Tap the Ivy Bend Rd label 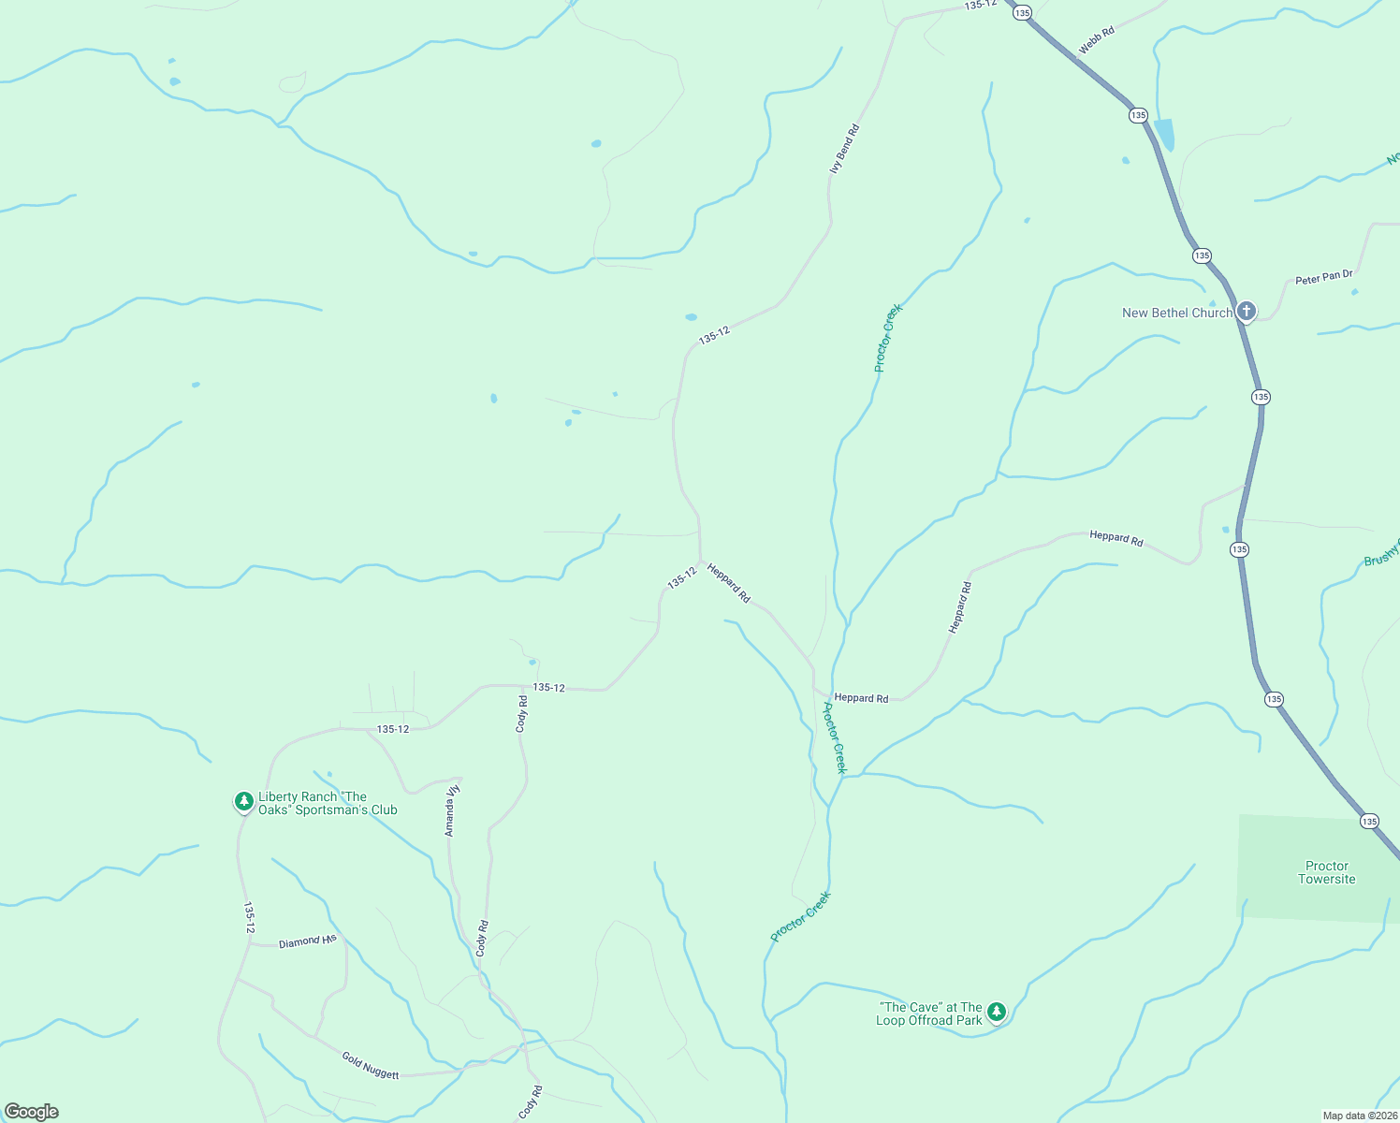(x=844, y=149)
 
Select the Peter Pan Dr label (x=1323, y=278)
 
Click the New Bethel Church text (x=1176, y=314)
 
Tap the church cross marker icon (x=1246, y=311)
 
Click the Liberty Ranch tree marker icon (x=243, y=801)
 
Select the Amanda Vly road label (x=451, y=810)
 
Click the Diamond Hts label (x=307, y=941)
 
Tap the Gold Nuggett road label (x=371, y=1066)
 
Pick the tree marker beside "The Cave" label (x=997, y=1012)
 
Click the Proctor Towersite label (x=1326, y=872)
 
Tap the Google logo (x=32, y=1112)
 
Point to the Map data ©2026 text (x=1359, y=1116)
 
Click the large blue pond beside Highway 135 (x=1164, y=134)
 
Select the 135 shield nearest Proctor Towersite (x=1369, y=822)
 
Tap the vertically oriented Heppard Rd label (x=961, y=607)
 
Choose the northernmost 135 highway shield (x=1021, y=13)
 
